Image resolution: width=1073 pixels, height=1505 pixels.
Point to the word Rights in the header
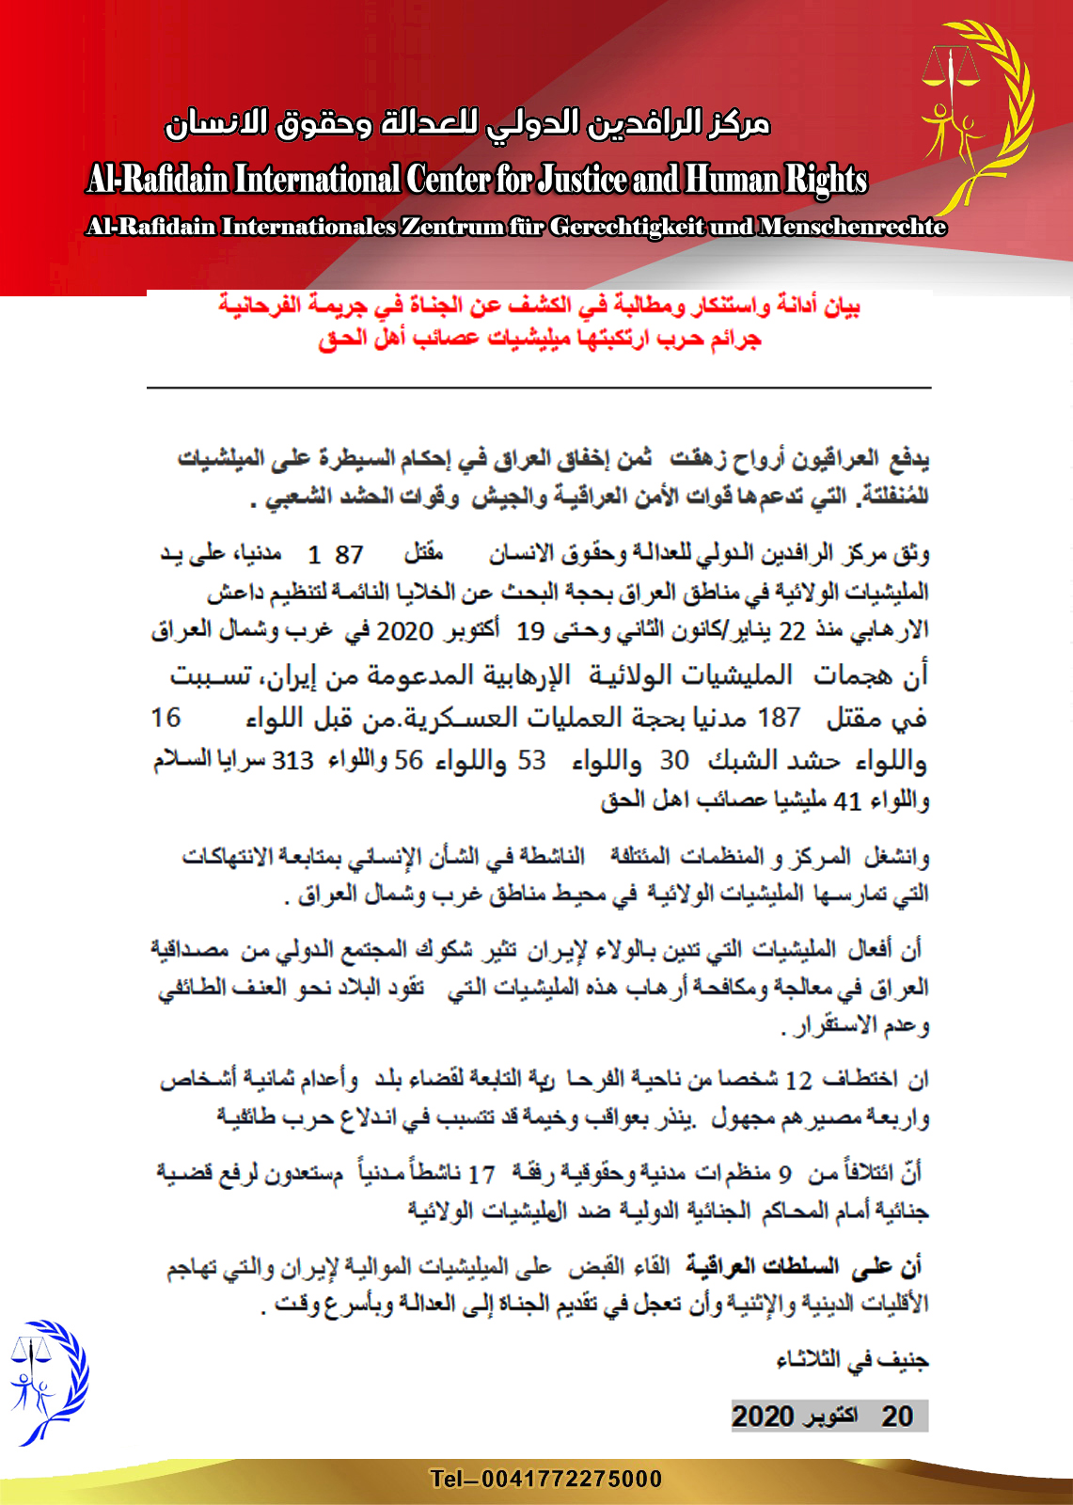click(827, 179)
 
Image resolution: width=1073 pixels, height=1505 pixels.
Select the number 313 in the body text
click(292, 760)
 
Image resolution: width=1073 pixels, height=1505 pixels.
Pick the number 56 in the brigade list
click(408, 760)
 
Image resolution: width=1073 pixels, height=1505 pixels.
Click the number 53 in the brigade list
click(531, 760)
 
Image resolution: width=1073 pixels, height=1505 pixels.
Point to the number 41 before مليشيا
click(847, 801)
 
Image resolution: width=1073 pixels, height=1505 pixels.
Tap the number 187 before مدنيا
click(779, 719)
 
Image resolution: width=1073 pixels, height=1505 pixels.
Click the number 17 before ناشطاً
click(481, 1175)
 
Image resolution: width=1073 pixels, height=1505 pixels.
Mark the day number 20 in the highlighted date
click(897, 1417)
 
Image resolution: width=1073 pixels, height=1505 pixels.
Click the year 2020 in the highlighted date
click(763, 1417)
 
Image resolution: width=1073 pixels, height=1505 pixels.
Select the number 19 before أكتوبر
click(530, 631)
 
